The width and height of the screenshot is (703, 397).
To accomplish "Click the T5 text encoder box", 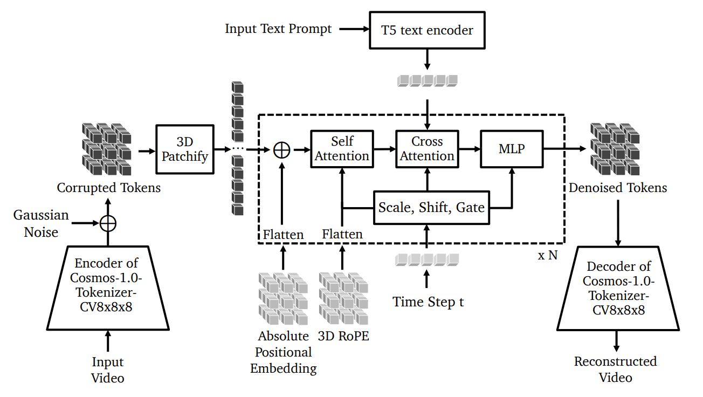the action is (x=427, y=30).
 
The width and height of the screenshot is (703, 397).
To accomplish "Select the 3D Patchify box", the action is (x=185, y=149).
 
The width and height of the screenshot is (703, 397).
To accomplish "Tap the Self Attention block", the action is (x=342, y=149).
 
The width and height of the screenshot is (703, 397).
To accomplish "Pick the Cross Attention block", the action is (x=427, y=149).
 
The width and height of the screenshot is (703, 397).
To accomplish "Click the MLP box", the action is (x=512, y=149).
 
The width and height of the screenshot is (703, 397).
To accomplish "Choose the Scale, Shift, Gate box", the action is (x=431, y=208).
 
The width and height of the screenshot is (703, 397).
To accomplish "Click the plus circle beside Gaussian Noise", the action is (x=108, y=224).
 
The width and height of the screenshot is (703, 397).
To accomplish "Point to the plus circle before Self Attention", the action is (x=282, y=150).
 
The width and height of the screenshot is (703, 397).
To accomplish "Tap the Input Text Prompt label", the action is (x=278, y=29).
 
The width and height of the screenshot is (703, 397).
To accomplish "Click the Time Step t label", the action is (x=428, y=302).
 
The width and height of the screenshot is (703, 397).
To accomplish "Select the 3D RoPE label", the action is (x=343, y=336).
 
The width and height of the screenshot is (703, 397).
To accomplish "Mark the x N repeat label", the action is (x=548, y=255).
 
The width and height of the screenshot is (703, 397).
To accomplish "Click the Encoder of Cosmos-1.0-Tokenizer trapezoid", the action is (x=108, y=288).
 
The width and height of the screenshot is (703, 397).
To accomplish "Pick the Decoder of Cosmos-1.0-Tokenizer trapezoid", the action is (x=618, y=289).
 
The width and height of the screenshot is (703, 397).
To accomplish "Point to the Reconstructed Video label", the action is (x=616, y=369).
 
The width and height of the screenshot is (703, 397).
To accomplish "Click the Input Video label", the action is (x=108, y=370).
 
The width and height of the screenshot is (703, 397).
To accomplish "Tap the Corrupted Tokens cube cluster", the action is (x=107, y=149).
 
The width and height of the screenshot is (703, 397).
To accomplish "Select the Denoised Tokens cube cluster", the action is (x=615, y=149).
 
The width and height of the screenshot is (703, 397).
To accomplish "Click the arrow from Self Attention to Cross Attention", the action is (x=385, y=149).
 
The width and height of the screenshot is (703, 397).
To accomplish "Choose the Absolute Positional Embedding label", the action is (x=284, y=352).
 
